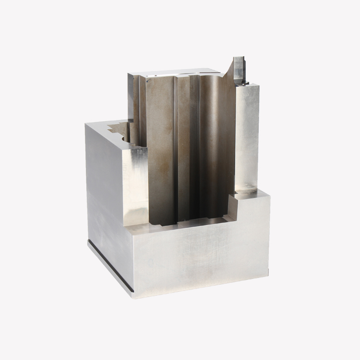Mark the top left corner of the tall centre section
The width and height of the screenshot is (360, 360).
[x=129, y=75]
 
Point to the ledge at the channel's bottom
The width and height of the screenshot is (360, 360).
[x=192, y=222]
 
